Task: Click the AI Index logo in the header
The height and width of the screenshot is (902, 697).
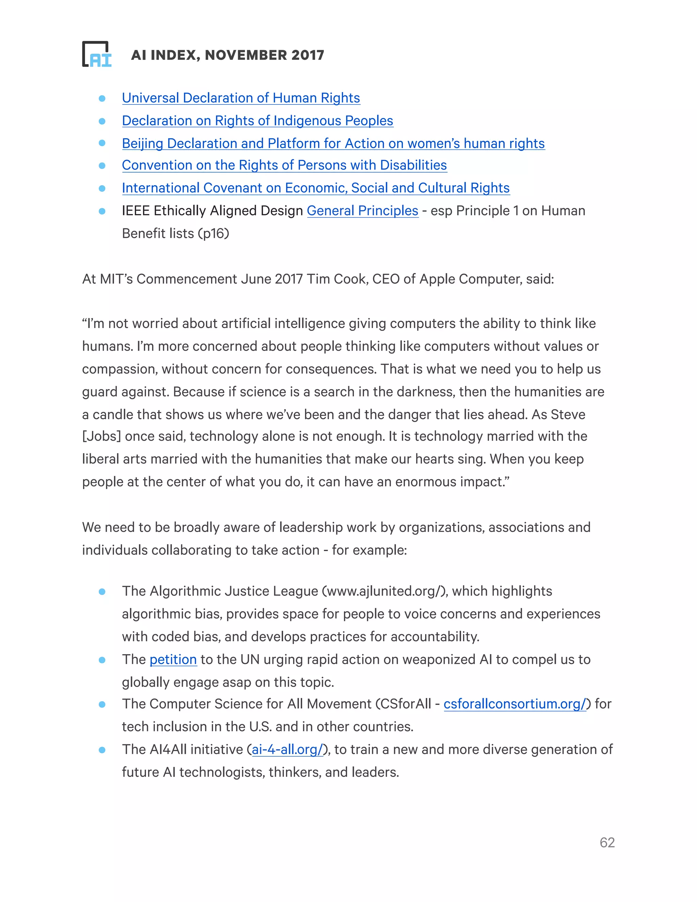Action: click(97, 54)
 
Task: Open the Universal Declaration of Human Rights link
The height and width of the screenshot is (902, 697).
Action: click(241, 98)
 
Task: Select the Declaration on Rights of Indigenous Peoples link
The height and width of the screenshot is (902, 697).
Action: click(257, 120)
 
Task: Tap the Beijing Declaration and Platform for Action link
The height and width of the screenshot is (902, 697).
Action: click(333, 143)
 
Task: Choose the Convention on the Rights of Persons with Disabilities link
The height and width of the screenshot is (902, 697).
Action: click(284, 165)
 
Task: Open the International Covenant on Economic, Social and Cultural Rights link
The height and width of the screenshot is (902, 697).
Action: click(315, 188)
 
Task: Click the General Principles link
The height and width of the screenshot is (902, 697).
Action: click(362, 211)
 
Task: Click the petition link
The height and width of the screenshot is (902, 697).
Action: click(173, 660)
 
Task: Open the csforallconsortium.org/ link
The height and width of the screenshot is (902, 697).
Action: click(515, 704)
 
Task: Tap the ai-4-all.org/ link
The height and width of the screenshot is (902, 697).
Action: click(287, 750)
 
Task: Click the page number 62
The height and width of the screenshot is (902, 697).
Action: click(607, 842)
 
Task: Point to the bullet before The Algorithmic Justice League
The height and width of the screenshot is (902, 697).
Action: click(102, 592)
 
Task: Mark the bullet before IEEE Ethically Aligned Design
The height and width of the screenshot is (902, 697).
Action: click(102, 211)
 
